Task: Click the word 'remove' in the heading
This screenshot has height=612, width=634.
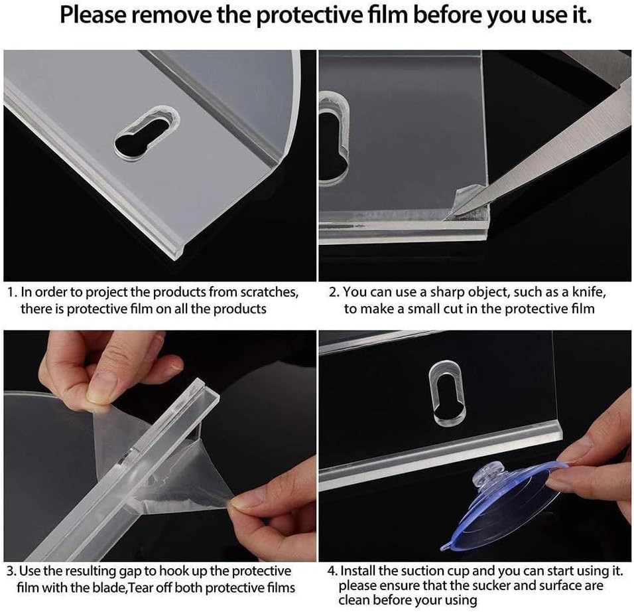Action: pyautogui.click(x=166, y=15)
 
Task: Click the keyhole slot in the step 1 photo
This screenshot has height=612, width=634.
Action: pyautogui.click(x=147, y=132)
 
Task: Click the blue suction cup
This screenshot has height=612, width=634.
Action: pyautogui.click(x=505, y=506)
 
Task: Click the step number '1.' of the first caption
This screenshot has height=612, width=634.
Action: pyautogui.click(x=12, y=292)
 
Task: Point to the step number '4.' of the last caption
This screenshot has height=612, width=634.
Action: pyautogui.click(x=332, y=571)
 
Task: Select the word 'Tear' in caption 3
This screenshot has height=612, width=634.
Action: pyautogui.click(x=141, y=588)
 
